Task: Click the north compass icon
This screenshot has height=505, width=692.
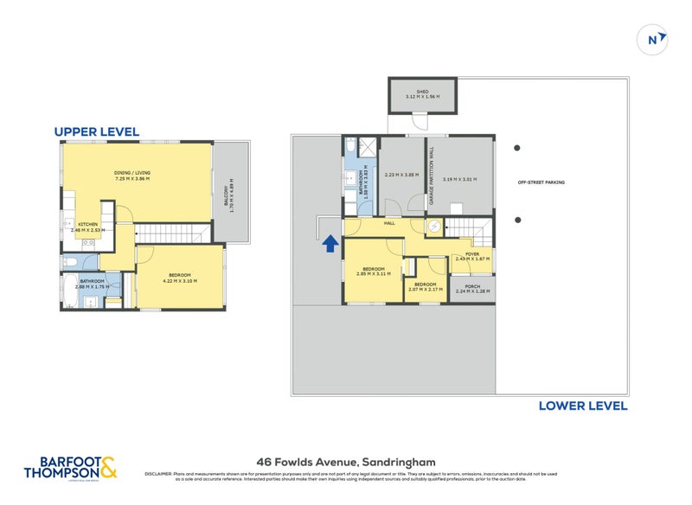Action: point(656,38)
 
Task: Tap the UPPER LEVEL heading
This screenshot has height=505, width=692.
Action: point(96,131)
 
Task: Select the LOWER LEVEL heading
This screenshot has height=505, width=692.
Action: point(582,406)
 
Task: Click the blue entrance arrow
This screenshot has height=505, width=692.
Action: point(330,245)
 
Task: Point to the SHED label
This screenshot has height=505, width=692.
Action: point(422,90)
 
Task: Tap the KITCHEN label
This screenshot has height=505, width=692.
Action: point(87,224)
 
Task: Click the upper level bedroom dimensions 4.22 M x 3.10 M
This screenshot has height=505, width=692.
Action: point(179,281)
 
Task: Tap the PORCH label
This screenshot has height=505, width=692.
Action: point(471,286)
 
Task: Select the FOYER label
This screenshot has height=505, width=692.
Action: point(471,253)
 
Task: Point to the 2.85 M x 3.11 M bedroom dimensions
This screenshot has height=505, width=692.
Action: point(374,274)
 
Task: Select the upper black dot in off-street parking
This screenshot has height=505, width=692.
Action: point(518,147)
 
